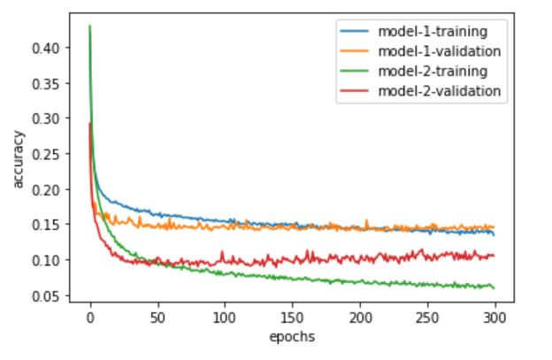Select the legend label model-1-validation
[x=439, y=51]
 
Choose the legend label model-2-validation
[x=439, y=90]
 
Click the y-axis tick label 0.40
[x=46, y=48]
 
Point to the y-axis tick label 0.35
[x=46, y=83]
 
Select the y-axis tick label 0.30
[x=46, y=119]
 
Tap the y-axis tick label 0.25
[x=46, y=154]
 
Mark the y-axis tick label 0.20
[x=46, y=189]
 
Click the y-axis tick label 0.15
[x=46, y=225]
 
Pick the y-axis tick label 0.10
[x=46, y=260]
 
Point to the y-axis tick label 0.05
[x=46, y=295]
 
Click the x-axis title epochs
[x=293, y=336]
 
